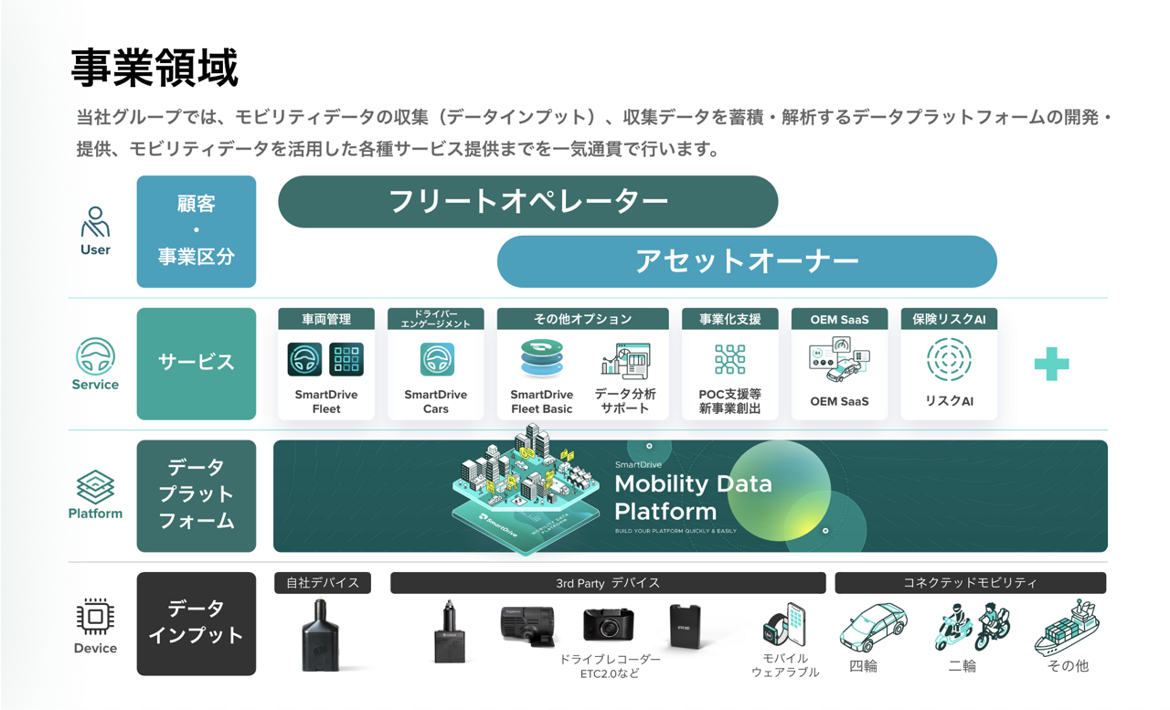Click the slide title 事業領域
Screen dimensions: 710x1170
click(x=154, y=69)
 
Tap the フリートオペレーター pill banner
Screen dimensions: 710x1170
click(x=527, y=201)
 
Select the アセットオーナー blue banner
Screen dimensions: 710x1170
click(x=746, y=261)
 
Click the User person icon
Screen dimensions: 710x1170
click(x=95, y=222)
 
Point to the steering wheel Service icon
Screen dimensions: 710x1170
click(x=95, y=356)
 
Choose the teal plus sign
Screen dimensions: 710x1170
click(x=1051, y=365)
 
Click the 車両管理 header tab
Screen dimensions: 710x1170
click(x=326, y=319)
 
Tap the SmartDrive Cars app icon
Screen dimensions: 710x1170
click(x=436, y=359)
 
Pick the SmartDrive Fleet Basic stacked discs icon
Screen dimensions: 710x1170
click(x=542, y=359)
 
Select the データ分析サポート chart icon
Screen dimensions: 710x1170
click(x=626, y=360)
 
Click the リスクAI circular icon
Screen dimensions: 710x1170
click(x=948, y=359)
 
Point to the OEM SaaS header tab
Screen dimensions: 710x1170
click(x=839, y=319)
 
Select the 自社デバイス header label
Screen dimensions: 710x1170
click(x=323, y=583)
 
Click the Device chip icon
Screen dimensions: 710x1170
click(x=95, y=618)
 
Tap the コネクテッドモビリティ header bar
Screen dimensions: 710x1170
click(x=970, y=583)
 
